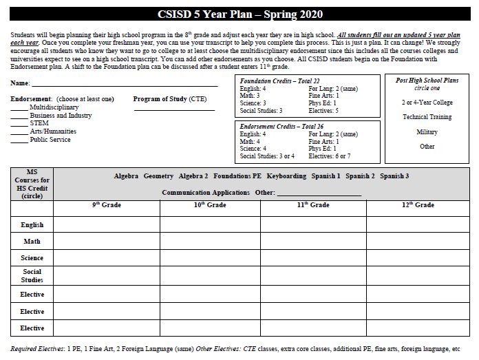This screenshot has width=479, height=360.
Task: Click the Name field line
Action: point(124,85)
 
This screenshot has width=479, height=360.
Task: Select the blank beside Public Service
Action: point(19,140)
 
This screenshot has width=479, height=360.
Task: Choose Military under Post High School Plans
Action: point(427,131)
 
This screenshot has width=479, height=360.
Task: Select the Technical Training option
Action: point(427,117)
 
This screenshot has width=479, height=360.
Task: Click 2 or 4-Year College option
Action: point(427,102)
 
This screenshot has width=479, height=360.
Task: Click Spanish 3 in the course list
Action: point(394,176)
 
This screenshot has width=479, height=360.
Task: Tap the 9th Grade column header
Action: point(106,205)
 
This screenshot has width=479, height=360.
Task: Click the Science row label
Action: point(32,258)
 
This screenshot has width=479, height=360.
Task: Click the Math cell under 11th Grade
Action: point(312,242)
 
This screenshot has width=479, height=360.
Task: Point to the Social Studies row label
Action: point(32,276)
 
